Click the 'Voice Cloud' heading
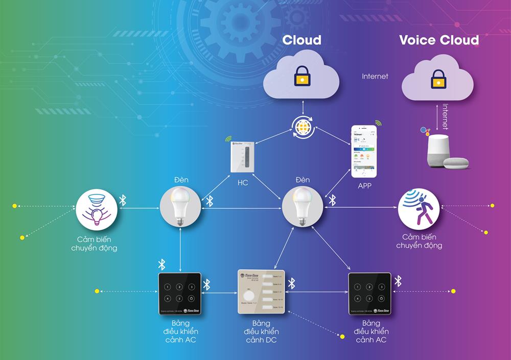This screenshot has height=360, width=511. coord(439,40)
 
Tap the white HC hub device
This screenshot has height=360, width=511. coord(243,156)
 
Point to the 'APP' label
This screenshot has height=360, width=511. coord(364,186)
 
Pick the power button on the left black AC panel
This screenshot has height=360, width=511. coord(191,299)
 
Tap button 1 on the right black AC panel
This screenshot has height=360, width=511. coord(358,287)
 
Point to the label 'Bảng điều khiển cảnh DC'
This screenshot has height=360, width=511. coord(261,331)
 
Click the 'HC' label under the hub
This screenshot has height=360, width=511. coord(243,182)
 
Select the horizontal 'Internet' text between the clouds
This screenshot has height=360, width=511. coord(375,76)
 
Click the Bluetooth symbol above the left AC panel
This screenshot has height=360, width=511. coord(161,264)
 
